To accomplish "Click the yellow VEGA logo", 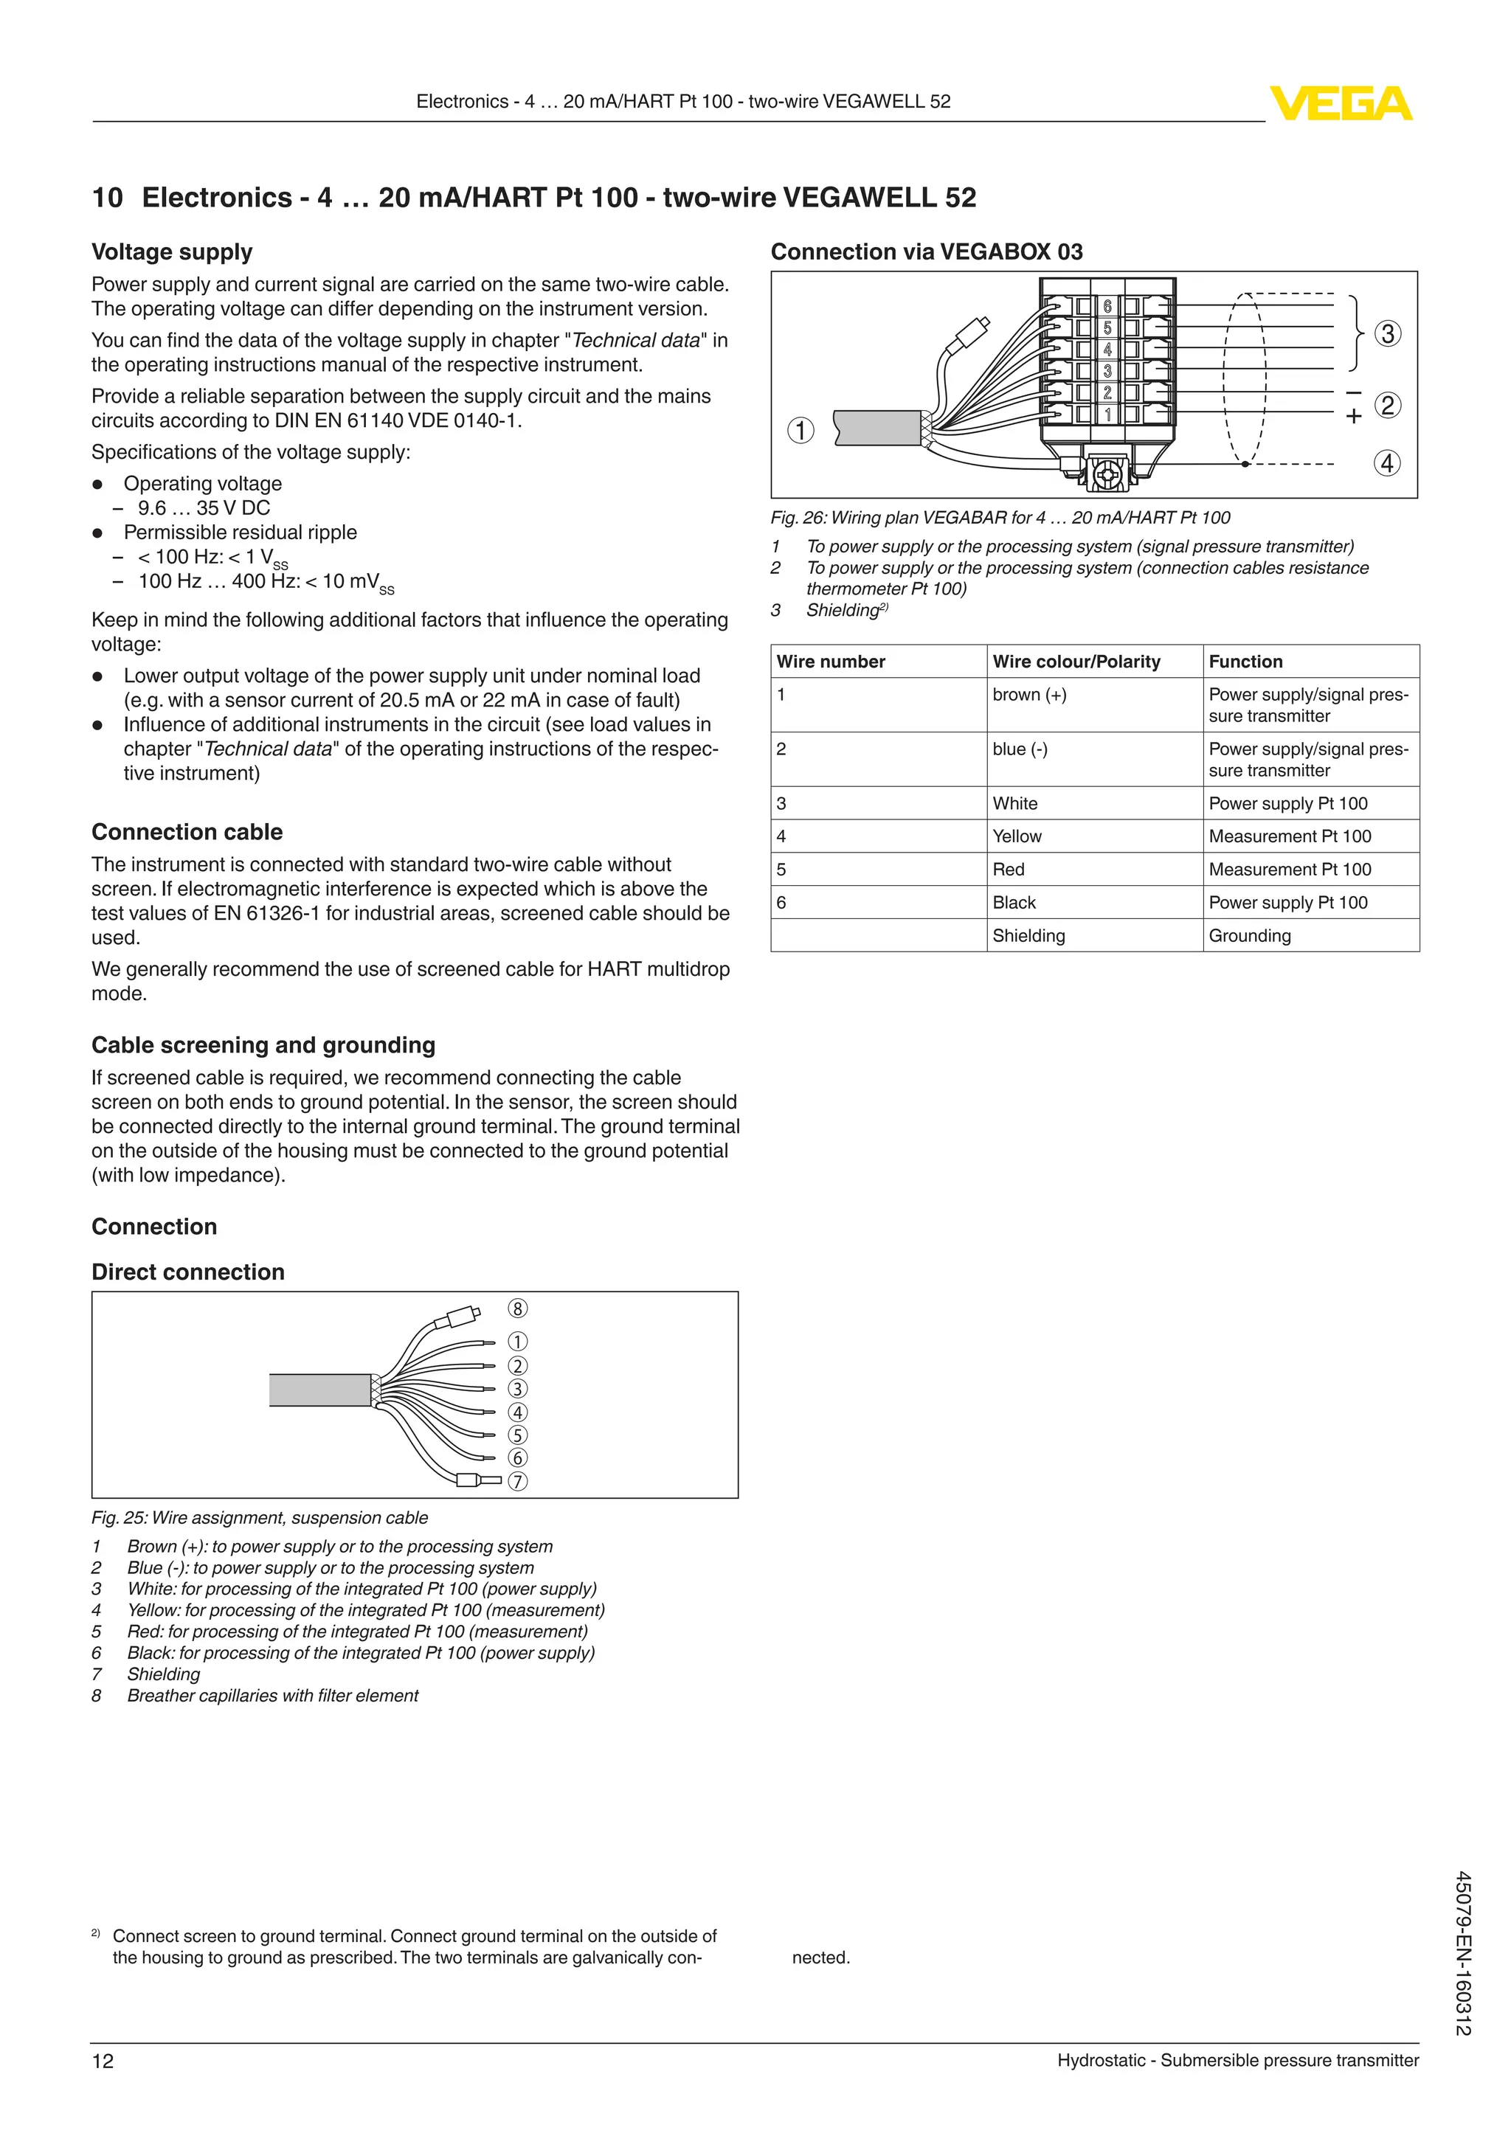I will click(1341, 103).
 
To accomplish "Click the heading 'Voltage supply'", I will click(172, 252).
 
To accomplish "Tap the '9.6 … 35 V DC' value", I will click(204, 508).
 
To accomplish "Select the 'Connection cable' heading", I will click(187, 832).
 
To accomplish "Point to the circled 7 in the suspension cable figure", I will click(517, 1480).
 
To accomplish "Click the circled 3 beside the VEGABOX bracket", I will click(1387, 333).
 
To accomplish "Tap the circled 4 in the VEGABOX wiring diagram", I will click(1387, 462).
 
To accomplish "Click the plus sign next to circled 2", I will click(1354, 416).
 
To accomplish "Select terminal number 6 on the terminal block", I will click(1107, 306).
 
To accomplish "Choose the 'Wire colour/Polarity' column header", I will click(1076, 662).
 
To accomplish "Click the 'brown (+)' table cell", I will click(1029, 695).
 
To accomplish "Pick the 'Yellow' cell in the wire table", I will click(1017, 836).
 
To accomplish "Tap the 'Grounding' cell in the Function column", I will click(1250, 936).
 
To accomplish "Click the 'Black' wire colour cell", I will click(1014, 902).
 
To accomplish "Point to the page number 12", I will click(103, 2061).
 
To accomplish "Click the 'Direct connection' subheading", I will click(188, 1272).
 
